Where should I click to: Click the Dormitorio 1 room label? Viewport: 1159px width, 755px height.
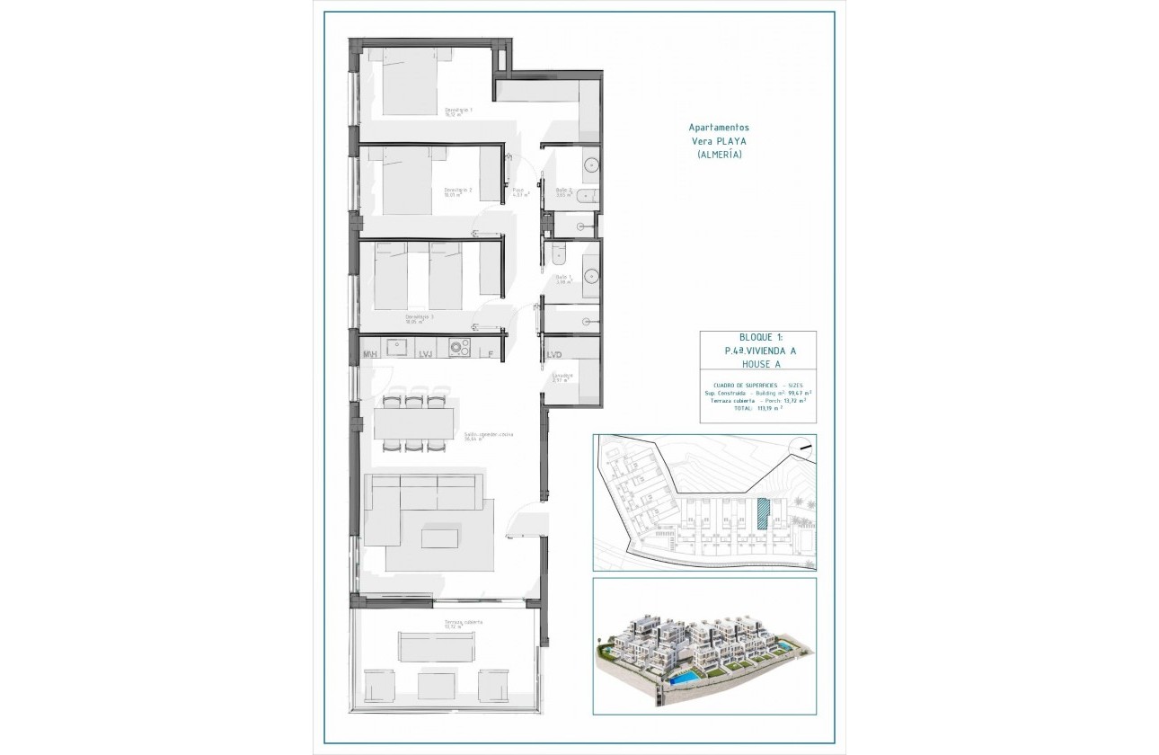coord(458,111)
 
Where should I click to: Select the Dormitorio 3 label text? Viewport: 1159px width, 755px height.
coord(420,317)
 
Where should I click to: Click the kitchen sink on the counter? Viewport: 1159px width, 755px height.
coord(398,347)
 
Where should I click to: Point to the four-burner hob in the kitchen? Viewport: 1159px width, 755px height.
coord(460,347)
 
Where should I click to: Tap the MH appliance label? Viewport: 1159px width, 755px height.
coord(369,355)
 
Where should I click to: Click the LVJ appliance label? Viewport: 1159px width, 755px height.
coord(426,355)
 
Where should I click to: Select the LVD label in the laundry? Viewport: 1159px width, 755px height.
coord(554,355)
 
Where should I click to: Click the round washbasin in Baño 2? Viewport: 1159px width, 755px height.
coord(591,165)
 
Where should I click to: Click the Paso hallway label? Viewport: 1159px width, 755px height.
coord(519,191)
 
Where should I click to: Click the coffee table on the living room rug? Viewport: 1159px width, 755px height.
coord(439,537)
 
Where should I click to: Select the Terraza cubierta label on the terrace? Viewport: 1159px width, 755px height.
coord(463,623)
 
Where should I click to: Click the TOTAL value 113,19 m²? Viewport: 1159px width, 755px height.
coord(766,407)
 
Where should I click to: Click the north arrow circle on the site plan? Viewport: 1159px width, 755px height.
coord(801,447)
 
